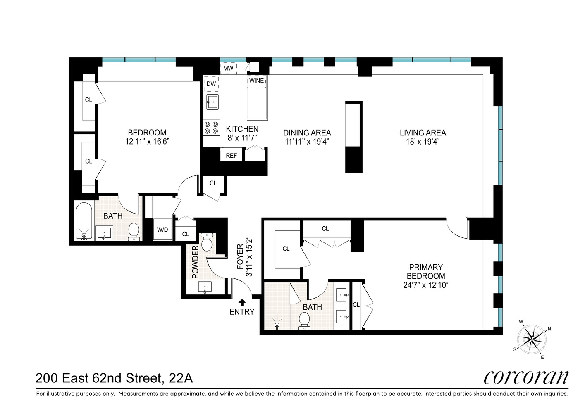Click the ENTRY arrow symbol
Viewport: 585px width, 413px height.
click(242, 302)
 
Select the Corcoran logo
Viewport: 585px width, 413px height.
click(526, 377)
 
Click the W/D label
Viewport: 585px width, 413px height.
click(162, 230)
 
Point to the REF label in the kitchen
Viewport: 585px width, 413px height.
click(232, 156)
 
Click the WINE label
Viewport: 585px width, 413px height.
click(256, 81)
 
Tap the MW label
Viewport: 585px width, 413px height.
click(228, 68)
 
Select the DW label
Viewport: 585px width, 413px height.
click(211, 84)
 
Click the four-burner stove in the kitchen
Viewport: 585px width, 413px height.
click(211, 128)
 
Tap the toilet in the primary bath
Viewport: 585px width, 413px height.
click(305, 321)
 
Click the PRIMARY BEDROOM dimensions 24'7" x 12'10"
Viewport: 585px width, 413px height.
click(426, 285)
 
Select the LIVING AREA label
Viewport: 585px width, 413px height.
click(423, 133)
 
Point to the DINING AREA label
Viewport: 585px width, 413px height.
click(307, 133)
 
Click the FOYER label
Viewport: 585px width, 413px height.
click(240, 257)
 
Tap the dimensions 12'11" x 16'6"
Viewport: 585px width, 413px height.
click(147, 142)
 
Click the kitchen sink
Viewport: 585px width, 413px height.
click(213, 102)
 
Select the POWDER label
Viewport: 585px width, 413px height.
click(196, 262)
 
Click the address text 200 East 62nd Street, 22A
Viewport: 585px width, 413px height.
click(114, 378)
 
